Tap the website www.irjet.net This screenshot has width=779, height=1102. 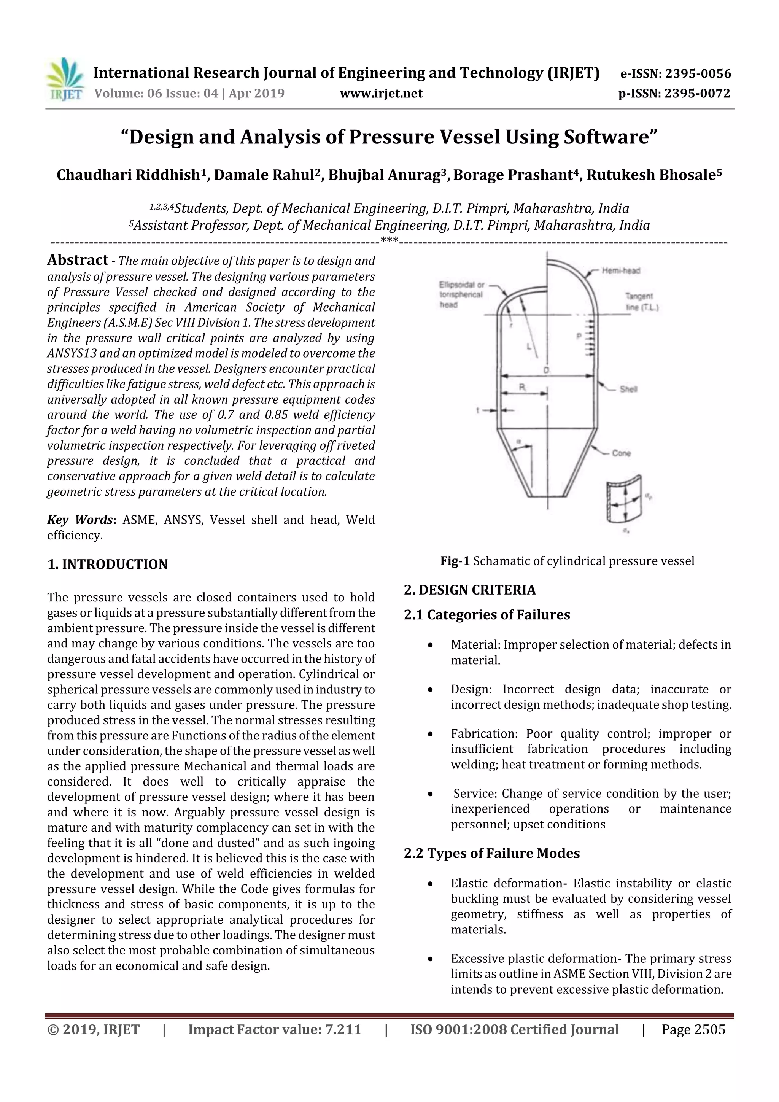(x=381, y=93)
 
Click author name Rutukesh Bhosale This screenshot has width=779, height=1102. (x=651, y=175)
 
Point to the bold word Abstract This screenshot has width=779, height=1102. (x=77, y=260)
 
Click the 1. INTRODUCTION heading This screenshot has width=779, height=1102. (x=108, y=564)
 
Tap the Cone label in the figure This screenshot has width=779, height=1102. (x=621, y=453)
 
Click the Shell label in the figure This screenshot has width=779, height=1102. (x=628, y=389)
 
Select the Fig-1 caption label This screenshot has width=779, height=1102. (x=455, y=561)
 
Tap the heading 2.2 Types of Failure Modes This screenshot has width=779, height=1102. (x=491, y=853)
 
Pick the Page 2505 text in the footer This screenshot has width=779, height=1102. (x=693, y=1029)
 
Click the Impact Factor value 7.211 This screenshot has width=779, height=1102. (x=275, y=1029)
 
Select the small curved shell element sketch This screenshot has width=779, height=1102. (x=623, y=499)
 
